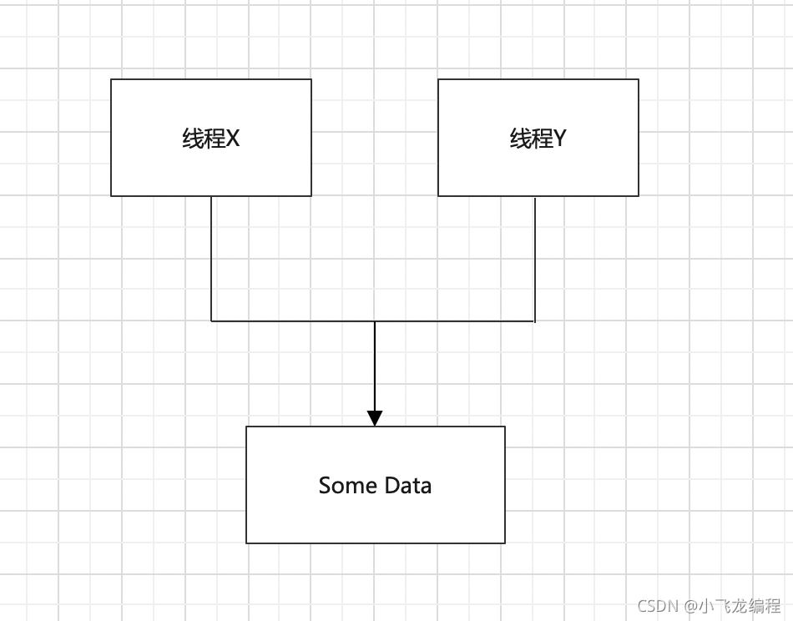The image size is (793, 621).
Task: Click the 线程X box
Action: (x=211, y=138)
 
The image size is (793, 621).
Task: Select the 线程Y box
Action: (x=538, y=138)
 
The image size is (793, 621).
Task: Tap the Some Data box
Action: (x=376, y=485)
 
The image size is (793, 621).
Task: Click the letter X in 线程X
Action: (x=232, y=138)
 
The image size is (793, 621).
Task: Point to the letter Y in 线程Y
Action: (x=560, y=138)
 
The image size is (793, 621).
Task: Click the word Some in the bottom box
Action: (x=348, y=486)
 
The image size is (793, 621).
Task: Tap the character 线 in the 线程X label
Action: (x=193, y=138)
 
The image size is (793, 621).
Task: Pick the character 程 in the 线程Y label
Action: (x=542, y=138)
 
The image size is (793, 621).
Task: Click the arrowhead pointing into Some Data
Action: (x=375, y=418)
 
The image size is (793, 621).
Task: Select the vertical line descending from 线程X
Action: (x=211, y=259)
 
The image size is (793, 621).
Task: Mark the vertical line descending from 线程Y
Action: (x=535, y=260)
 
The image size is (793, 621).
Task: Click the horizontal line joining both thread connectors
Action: (x=373, y=321)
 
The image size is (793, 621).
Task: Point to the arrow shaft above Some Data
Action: (x=375, y=366)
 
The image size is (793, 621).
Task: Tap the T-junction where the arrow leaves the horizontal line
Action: (x=375, y=321)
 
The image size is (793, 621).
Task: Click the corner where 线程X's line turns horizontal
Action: (x=211, y=321)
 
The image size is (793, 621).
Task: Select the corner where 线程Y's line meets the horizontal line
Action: (x=535, y=321)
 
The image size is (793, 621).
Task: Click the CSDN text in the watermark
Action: (x=657, y=605)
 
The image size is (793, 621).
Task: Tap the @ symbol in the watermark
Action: (x=690, y=605)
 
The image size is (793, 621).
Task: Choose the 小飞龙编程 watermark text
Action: (x=740, y=605)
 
